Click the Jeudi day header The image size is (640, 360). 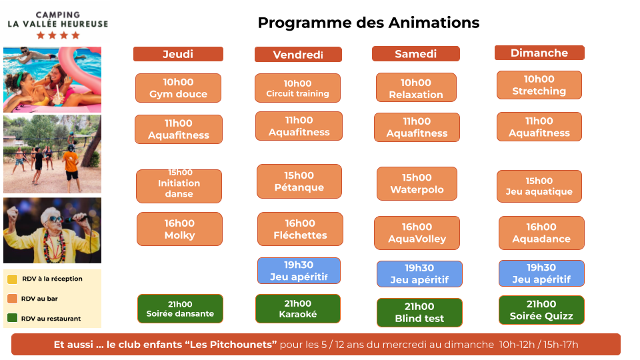(178, 54)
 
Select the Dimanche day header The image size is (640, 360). (539, 53)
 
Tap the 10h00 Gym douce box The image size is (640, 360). (179, 88)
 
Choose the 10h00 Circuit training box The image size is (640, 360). (297, 88)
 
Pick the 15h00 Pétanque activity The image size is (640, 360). (299, 181)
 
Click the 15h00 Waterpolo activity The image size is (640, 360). (417, 184)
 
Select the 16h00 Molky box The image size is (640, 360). (179, 229)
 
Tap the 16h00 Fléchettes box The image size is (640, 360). (300, 229)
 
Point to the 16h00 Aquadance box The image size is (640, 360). (541, 233)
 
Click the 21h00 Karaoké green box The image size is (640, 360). (297, 309)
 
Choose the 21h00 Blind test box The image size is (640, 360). (419, 312)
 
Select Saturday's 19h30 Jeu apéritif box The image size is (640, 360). (419, 274)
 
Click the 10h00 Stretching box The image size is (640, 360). (539, 85)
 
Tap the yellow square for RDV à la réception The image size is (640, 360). (12, 279)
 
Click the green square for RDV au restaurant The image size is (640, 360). (12, 318)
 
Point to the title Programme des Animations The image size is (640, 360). (369, 23)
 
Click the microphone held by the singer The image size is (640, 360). (77, 219)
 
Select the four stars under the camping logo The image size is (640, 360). (58, 35)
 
